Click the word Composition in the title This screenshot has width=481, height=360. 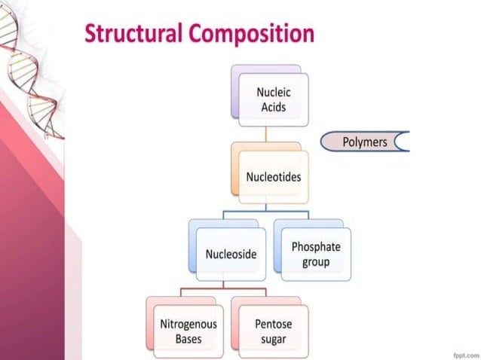coord(252,34)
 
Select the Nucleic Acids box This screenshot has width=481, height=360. coord(273,99)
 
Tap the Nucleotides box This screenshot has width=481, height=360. coord(273,177)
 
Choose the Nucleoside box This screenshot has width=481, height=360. coord(231,254)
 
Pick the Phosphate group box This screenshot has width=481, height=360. coord(316,254)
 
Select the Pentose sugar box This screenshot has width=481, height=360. coord(273,331)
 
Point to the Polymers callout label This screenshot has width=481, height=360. coord(364,142)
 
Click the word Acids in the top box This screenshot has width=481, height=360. coord(273,106)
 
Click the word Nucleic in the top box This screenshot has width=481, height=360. coord(273,93)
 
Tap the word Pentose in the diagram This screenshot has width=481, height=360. coord(273,325)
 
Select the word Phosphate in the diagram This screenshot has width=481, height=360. coord(316,247)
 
